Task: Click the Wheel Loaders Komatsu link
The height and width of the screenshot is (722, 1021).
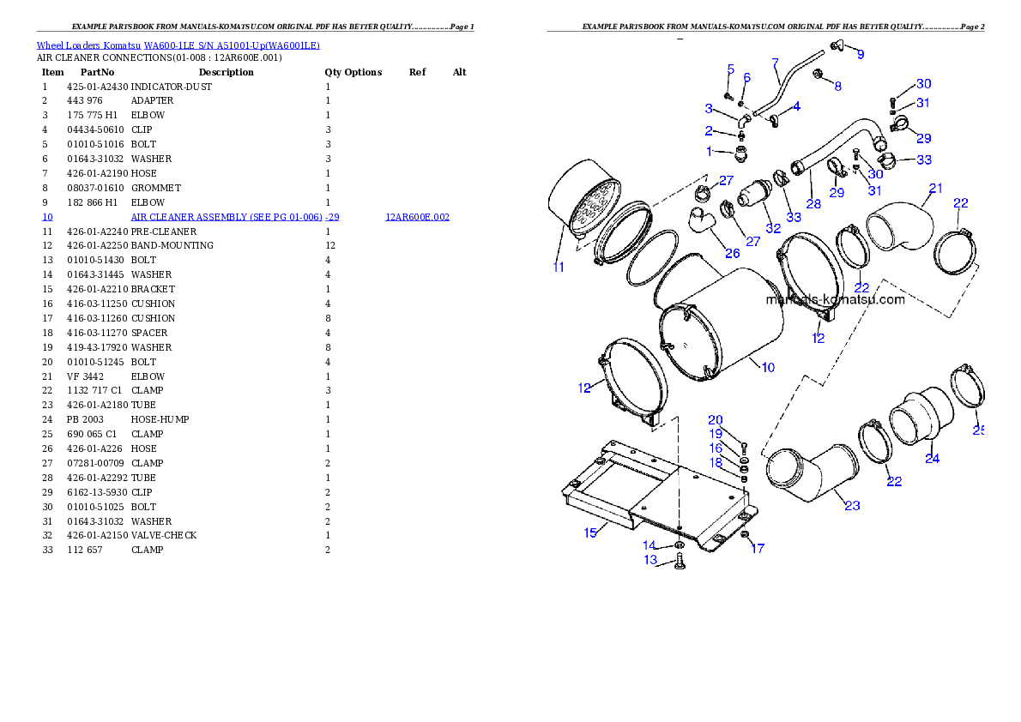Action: (x=88, y=45)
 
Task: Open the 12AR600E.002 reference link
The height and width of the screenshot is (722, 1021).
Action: (x=417, y=217)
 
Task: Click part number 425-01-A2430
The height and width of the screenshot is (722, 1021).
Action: (x=98, y=87)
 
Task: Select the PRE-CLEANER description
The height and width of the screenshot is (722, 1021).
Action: (x=163, y=232)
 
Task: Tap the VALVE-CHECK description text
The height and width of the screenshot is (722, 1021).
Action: (x=163, y=535)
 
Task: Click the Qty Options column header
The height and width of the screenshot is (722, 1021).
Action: (x=353, y=72)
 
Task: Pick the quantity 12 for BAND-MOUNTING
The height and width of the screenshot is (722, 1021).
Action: (x=331, y=245)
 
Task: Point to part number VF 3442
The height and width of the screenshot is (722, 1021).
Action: (x=85, y=376)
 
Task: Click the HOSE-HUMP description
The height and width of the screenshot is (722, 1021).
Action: (x=160, y=419)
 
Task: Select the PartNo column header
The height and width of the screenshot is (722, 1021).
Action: (x=97, y=72)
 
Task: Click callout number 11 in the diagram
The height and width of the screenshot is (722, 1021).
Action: (x=559, y=267)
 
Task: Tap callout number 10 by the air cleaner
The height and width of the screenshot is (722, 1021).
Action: (x=769, y=368)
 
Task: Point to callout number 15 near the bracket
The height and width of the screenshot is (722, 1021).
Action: (x=590, y=532)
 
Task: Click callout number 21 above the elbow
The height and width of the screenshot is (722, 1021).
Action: (x=936, y=188)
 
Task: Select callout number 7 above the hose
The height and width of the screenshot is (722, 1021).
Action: (x=775, y=63)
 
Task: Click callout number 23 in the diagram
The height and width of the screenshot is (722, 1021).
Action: (x=852, y=505)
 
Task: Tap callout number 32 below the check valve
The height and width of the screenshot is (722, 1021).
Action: (x=773, y=228)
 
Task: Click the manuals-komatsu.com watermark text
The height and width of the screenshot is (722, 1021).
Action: (x=836, y=299)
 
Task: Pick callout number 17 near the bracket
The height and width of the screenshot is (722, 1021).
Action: (x=758, y=549)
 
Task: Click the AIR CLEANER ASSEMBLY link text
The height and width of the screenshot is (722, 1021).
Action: (x=227, y=217)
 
